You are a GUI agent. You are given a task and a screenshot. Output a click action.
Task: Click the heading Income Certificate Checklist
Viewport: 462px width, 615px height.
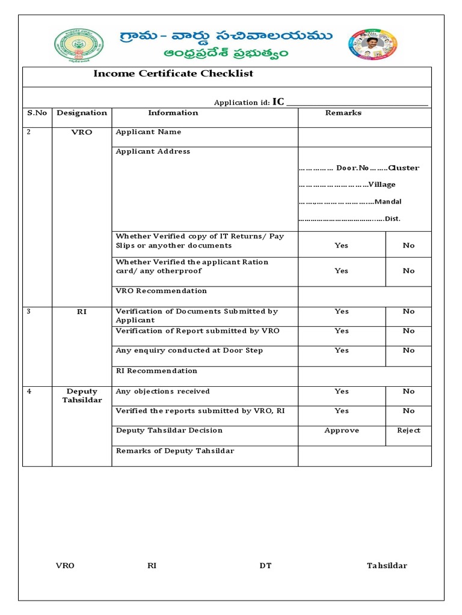coord(173,74)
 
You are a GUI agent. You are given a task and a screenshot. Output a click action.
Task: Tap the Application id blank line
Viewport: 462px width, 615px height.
coord(357,103)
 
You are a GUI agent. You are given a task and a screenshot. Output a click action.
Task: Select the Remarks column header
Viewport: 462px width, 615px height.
coord(343,113)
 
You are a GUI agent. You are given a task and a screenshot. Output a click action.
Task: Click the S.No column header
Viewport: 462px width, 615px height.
coord(37,113)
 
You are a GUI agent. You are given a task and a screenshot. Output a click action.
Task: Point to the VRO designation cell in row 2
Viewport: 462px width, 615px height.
coord(81,132)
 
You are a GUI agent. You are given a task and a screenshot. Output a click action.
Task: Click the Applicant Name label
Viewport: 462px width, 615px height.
coord(148,132)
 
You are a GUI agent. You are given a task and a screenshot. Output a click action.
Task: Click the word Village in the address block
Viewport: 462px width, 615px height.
coord(382,185)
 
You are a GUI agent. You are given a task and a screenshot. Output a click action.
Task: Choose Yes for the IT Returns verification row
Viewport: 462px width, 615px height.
coord(341,245)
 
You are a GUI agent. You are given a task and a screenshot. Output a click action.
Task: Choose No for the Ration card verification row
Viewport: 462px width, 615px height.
coord(408,271)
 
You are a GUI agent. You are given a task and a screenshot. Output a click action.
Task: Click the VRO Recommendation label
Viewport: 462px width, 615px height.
coord(161,291)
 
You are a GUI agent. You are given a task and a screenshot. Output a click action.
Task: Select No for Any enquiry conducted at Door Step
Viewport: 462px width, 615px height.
coord(408,351)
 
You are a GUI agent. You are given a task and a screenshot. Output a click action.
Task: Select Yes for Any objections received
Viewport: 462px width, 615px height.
coord(341,392)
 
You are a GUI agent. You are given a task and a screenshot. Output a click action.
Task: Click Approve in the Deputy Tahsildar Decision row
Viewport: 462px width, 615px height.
coord(341,431)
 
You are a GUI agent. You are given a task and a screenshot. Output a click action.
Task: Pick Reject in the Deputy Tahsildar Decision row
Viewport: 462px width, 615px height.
coord(408,431)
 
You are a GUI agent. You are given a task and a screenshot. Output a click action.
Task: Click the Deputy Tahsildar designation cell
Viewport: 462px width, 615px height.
coord(82,396)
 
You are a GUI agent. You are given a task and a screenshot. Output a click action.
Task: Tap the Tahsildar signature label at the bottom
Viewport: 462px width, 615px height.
coord(387,566)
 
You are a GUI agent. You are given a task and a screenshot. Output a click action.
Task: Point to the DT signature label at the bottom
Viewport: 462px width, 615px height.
coord(265,566)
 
